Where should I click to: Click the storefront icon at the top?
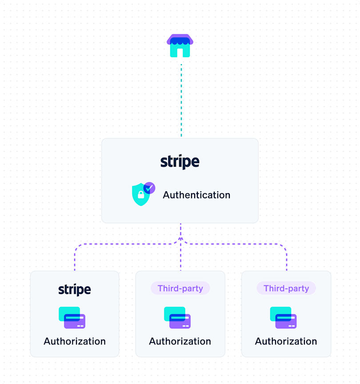pyautogui.click(x=180, y=46)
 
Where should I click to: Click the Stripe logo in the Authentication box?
pyautogui.click(x=180, y=162)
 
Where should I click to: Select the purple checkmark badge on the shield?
pyautogui.click(x=149, y=188)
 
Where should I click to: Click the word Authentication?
pyautogui.click(x=196, y=195)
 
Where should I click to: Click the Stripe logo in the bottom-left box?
pyautogui.click(x=75, y=290)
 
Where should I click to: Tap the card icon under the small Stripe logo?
pyautogui.click(x=72, y=318)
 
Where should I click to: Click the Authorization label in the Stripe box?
pyautogui.click(x=75, y=341)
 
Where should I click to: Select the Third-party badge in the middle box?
pyautogui.click(x=180, y=288)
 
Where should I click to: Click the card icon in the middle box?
pyautogui.click(x=177, y=318)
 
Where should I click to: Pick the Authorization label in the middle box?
pyautogui.click(x=180, y=341)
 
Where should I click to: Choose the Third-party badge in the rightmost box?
pyautogui.click(x=286, y=288)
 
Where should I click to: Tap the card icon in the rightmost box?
pyautogui.click(x=283, y=318)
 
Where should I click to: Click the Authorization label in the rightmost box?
pyautogui.click(x=286, y=341)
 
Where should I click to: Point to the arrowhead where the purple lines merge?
pyautogui.click(x=180, y=240)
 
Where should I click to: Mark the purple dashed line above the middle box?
pyautogui.click(x=180, y=258)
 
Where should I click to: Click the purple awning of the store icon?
pyautogui.click(x=180, y=40)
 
